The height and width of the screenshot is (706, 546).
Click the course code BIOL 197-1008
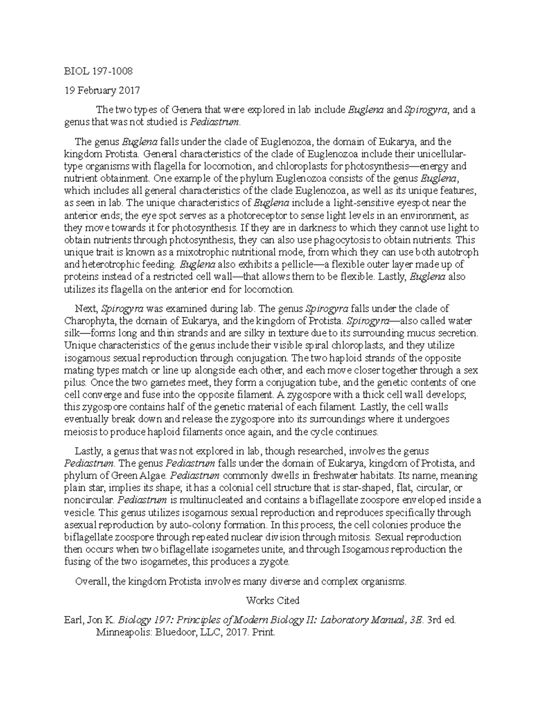click(x=98, y=71)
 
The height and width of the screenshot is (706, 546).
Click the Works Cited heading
click(x=273, y=601)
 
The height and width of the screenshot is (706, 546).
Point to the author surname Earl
click(x=75, y=620)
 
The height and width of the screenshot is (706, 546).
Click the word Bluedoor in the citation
click(x=171, y=632)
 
